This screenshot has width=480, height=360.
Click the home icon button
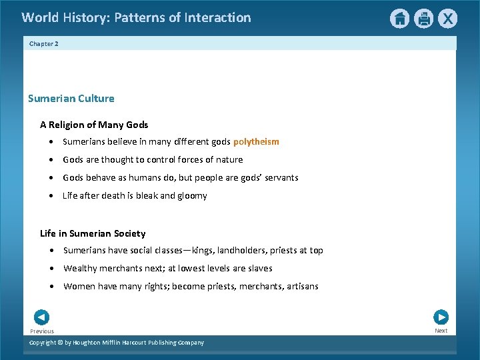coord(399,19)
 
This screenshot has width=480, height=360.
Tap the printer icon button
coord(423,19)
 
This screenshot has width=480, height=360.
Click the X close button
coord(447,19)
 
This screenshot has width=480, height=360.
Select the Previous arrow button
coord(41,317)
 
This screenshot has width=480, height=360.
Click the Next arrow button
coord(441,317)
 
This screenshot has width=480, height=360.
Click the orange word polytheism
coord(256,141)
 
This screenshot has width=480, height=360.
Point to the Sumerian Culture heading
coord(71,99)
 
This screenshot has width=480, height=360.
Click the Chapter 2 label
coord(44,43)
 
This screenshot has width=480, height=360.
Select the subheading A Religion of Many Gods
coord(94,125)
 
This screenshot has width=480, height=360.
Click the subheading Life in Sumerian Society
coord(93,233)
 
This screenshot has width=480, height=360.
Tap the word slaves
coord(259,269)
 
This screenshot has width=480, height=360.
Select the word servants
coord(279,178)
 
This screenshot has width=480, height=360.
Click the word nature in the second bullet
coord(229,160)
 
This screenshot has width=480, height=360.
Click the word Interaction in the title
coord(217,17)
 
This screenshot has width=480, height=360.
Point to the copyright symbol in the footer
coord(60,343)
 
